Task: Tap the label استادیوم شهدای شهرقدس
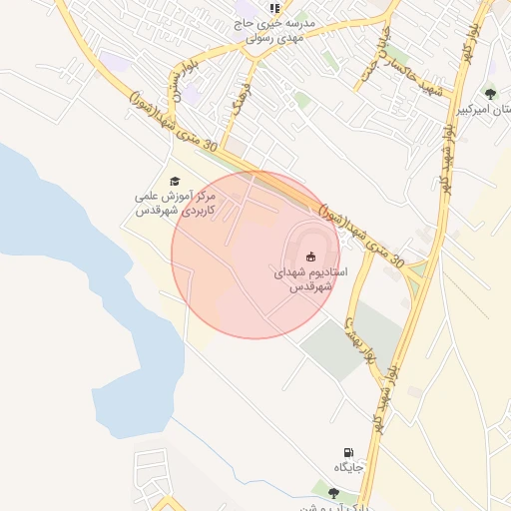click(x=309, y=278)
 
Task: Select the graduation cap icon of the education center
click(x=175, y=181)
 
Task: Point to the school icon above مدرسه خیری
click(x=274, y=8)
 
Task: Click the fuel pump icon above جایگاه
click(x=347, y=452)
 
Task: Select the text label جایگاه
click(x=346, y=467)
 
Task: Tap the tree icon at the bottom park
click(x=332, y=489)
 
